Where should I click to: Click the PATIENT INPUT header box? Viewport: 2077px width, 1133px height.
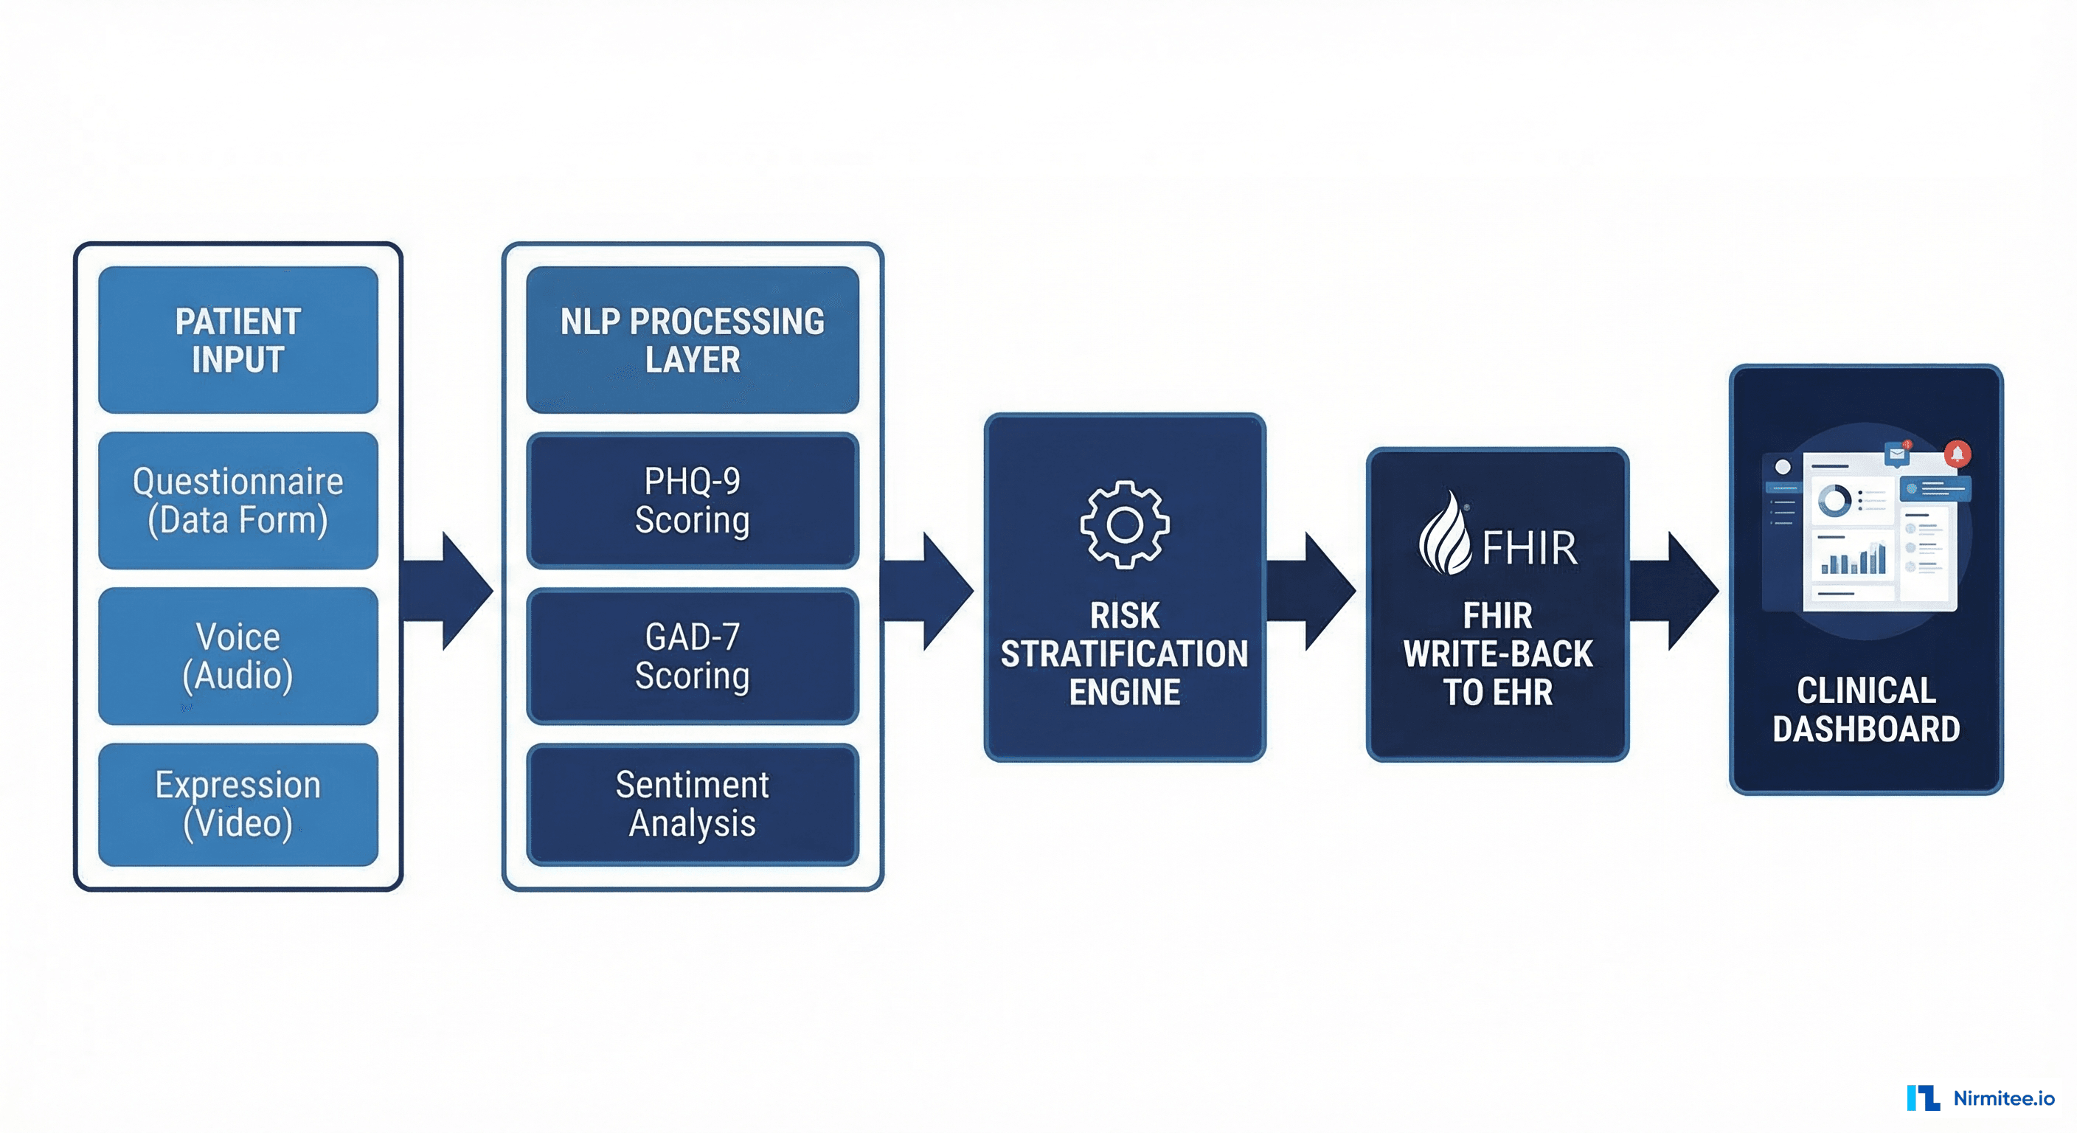(x=237, y=339)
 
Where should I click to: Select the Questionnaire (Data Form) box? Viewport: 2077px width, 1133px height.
(x=237, y=500)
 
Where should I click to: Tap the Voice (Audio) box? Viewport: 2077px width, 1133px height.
(x=237, y=656)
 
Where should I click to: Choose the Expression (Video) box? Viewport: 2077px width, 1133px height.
(x=237, y=804)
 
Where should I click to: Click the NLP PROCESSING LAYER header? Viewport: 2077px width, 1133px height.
(x=692, y=339)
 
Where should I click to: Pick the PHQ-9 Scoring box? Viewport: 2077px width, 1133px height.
(x=692, y=500)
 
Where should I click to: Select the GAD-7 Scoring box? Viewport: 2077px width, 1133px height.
(x=692, y=656)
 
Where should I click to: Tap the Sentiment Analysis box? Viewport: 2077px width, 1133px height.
(x=692, y=804)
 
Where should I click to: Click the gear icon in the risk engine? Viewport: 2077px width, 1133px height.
(x=1124, y=525)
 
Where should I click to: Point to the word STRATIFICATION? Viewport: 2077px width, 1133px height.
(x=1124, y=654)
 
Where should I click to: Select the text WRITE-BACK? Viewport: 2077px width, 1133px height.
(x=1497, y=654)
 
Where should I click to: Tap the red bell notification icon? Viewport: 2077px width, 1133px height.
(x=1957, y=454)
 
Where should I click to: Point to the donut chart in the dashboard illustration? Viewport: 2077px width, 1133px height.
(x=1834, y=501)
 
